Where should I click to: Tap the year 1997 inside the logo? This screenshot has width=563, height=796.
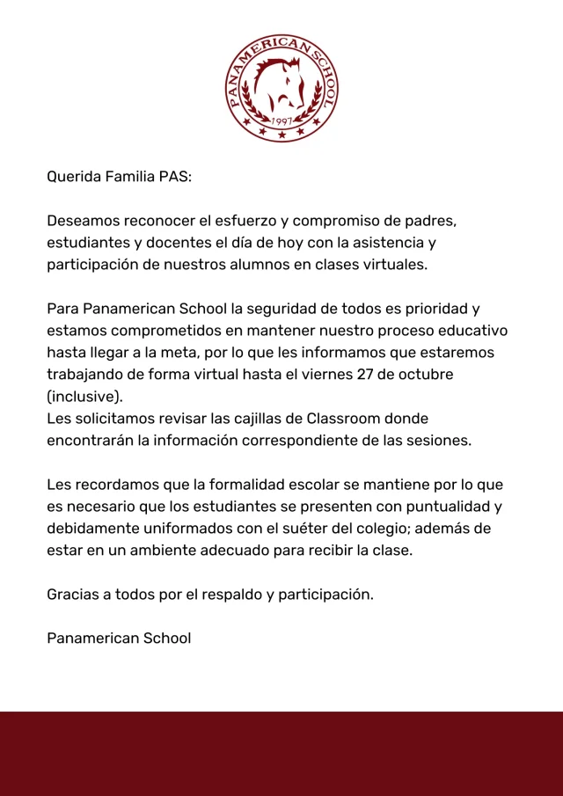(281, 120)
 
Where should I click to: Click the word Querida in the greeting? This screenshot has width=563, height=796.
(74, 177)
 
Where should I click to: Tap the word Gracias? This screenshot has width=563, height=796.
(73, 595)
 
